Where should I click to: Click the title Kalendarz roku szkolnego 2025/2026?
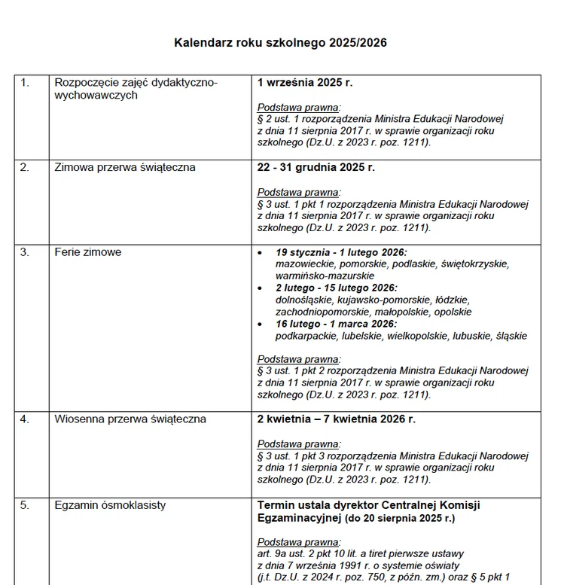point(281,43)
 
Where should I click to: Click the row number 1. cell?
point(25,83)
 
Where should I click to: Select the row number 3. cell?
point(25,252)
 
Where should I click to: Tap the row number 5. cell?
point(25,505)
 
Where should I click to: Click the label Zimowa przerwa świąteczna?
point(125,167)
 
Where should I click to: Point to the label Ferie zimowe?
point(88,252)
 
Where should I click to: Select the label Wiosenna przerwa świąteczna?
point(130,419)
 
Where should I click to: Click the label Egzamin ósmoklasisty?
point(110,505)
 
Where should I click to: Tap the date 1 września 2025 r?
point(305,83)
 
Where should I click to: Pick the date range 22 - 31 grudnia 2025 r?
point(316,167)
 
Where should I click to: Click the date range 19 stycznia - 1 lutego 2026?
point(341,252)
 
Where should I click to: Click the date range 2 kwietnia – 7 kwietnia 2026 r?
point(337,419)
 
